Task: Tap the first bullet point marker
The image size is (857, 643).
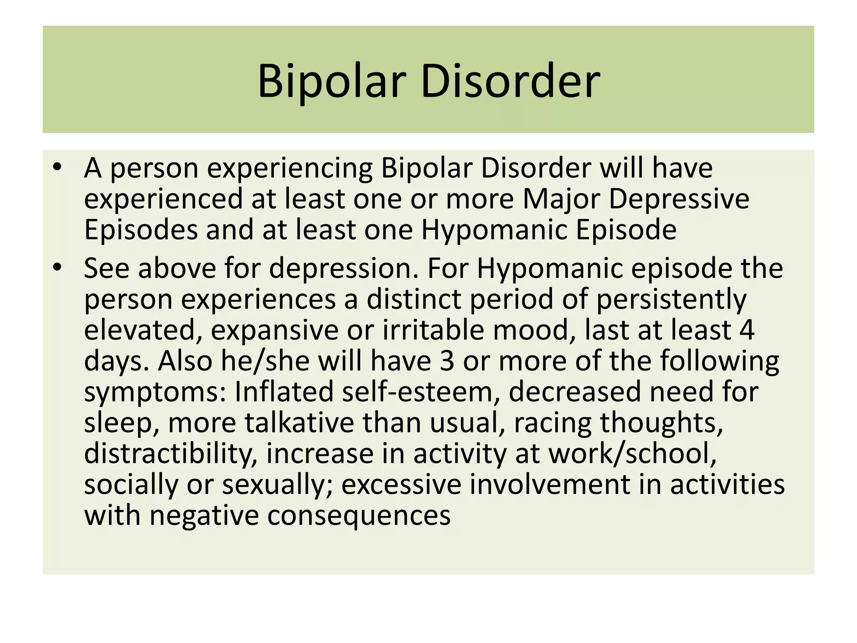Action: point(57,167)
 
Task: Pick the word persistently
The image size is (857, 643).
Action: point(671,300)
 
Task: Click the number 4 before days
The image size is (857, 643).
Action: point(747,330)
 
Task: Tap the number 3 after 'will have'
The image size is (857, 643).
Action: point(447,361)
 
